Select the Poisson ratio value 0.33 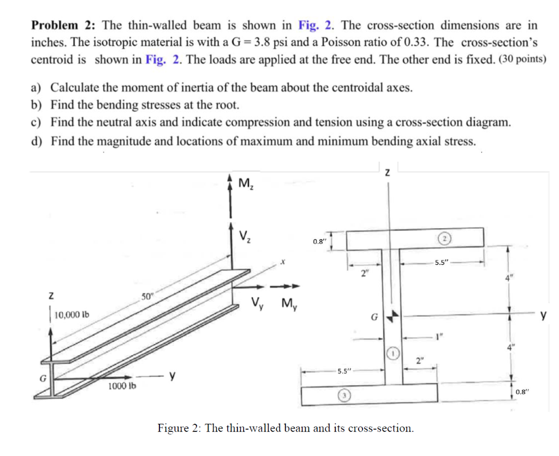[x=415, y=43]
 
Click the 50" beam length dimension [x=148, y=296]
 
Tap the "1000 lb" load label [x=122, y=386]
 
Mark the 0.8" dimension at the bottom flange [x=522, y=391]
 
